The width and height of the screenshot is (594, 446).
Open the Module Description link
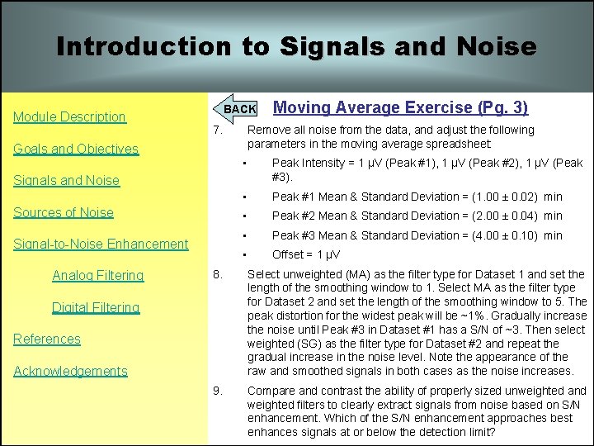click(x=69, y=116)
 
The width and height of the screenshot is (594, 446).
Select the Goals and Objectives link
click(x=76, y=149)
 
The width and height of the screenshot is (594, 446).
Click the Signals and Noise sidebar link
click(x=66, y=180)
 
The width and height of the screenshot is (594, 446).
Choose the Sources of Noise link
click(x=64, y=212)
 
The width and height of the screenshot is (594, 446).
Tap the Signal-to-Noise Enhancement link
click(x=101, y=244)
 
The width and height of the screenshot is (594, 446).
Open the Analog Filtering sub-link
click(x=97, y=275)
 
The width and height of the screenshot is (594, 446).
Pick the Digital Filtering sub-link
click(x=96, y=307)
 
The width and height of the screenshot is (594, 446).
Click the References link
click(x=47, y=339)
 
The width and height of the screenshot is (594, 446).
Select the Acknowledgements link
click(x=70, y=371)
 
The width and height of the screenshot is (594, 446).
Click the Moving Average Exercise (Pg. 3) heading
click(x=400, y=107)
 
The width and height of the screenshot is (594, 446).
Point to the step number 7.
click(x=216, y=130)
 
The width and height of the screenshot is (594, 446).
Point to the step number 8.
click(x=216, y=274)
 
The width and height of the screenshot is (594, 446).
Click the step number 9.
click(x=216, y=391)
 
